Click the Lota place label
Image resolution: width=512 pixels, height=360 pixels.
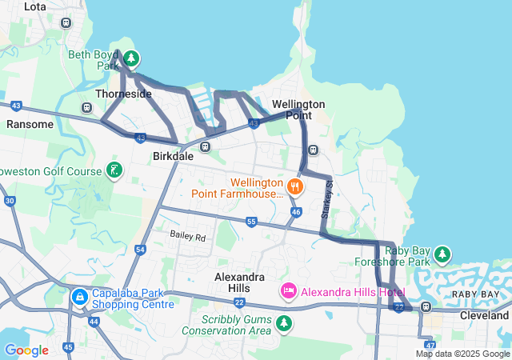(x=35, y=6)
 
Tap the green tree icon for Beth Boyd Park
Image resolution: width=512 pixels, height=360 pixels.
(x=132, y=58)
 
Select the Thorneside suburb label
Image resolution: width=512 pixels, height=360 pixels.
(x=123, y=94)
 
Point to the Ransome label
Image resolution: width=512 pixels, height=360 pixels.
(x=30, y=124)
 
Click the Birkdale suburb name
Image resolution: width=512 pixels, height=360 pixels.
(x=173, y=157)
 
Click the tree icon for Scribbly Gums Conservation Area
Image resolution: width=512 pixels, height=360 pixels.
(x=283, y=322)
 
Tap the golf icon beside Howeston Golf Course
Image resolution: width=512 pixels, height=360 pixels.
(x=115, y=170)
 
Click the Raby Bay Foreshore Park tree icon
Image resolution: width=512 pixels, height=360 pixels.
(x=442, y=255)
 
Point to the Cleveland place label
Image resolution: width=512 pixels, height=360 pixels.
(x=484, y=315)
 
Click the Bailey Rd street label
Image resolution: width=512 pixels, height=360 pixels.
(x=187, y=236)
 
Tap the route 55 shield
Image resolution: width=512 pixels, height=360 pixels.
(x=251, y=222)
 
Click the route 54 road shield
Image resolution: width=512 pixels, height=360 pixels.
(x=141, y=250)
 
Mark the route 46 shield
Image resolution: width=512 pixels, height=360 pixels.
(x=296, y=212)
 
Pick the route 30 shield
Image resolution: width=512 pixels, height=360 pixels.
(x=10, y=201)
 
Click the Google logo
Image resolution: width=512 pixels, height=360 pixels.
(x=26, y=350)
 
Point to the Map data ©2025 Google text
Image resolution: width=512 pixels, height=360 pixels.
(x=462, y=354)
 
